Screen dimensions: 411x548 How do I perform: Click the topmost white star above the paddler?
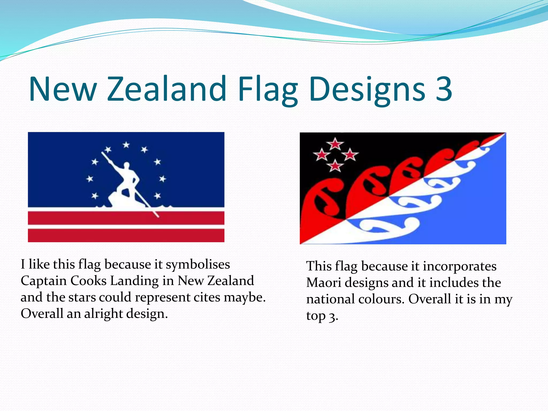(x=126, y=145)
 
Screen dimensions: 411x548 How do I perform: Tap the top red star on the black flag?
(x=335, y=144)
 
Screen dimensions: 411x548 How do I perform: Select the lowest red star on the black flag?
(x=335, y=166)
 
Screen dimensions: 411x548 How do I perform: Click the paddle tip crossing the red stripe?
(x=157, y=215)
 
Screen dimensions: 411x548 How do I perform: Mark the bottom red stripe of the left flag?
(x=126, y=235)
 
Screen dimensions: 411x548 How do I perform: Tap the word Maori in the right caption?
(x=324, y=283)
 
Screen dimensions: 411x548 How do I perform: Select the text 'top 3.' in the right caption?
(x=322, y=316)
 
